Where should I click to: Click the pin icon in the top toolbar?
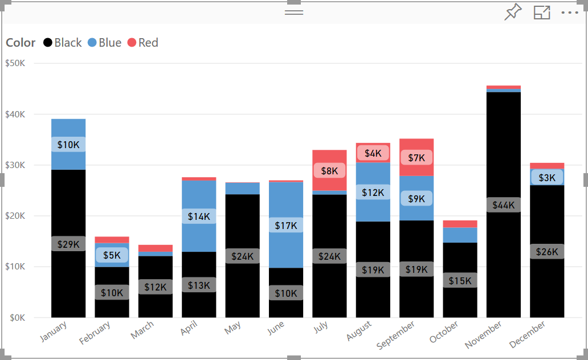click(x=513, y=13)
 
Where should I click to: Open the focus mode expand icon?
click(x=541, y=13)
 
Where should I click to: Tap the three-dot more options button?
click(x=570, y=13)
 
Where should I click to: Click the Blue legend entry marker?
click(x=92, y=43)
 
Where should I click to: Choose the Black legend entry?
click(x=63, y=43)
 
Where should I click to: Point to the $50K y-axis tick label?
click(x=15, y=63)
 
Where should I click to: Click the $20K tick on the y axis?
click(x=15, y=216)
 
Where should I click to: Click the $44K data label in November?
click(x=503, y=205)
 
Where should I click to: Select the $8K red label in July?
click(x=329, y=170)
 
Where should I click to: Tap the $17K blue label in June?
click(x=286, y=226)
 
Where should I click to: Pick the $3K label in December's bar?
click(x=547, y=178)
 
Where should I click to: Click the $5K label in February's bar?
click(x=112, y=255)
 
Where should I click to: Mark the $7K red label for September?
click(x=416, y=157)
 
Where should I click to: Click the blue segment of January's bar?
click(x=68, y=159)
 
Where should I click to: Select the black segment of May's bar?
click(x=242, y=228)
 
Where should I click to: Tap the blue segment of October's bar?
click(x=460, y=235)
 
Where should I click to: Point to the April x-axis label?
click(x=189, y=329)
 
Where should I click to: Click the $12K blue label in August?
click(x=373, y=193)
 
